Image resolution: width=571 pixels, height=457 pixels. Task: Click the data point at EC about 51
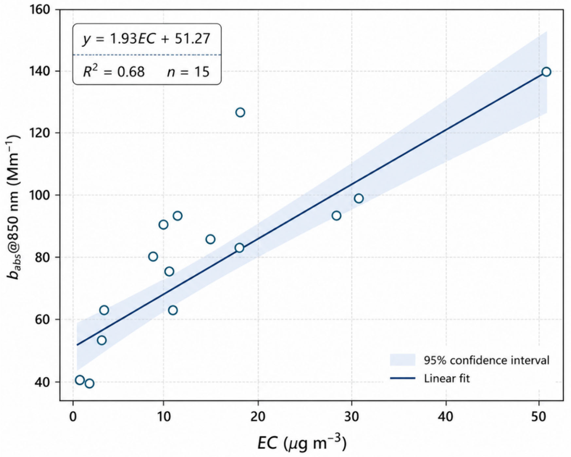coord(546,72)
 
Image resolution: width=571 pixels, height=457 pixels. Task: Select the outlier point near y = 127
coord(240,112)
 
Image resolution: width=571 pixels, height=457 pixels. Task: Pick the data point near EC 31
coord(359,198)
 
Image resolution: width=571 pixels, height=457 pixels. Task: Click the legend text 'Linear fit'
coord(447,378)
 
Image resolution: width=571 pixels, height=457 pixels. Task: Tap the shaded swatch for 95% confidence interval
coord(402,360)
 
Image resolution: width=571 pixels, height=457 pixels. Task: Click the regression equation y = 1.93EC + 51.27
coord(146,39)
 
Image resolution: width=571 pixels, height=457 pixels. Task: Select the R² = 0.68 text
coord(114,71)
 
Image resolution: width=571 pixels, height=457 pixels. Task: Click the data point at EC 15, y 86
coord(210,239)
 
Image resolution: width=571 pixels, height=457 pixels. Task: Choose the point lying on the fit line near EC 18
coord(239,248)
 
